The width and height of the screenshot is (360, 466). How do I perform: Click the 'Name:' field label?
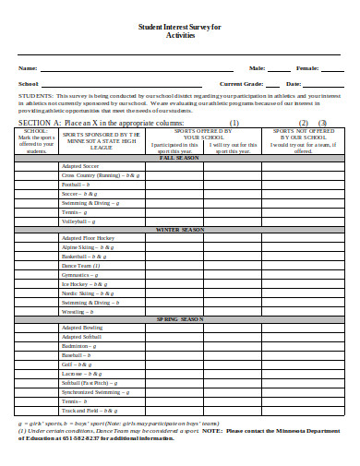pyautogui.click(x=28, y=68)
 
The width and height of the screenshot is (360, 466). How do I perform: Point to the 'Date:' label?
pyautogui.click(x=294, y=83)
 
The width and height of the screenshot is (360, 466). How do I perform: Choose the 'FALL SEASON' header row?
pyautogui.click(x=180, y=158)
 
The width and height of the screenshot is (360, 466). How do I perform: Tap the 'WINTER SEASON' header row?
pyautogui.click(x=180, y=229)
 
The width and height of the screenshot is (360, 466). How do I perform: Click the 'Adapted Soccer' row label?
pyautogui.click(x=80, y=166)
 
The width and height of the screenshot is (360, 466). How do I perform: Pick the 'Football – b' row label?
pyautogui.click(x=78, y=185)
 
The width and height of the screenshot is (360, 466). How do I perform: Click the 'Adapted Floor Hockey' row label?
pyautogui.click(x=88, y=238)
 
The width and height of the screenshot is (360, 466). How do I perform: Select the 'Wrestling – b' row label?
pyautogui.click(x=78, y=310)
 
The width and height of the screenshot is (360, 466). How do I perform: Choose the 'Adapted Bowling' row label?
pyautogui.click(x=82, y=328)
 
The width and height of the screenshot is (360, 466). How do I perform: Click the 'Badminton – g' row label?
pyautogui.click(x=80, y=345)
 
